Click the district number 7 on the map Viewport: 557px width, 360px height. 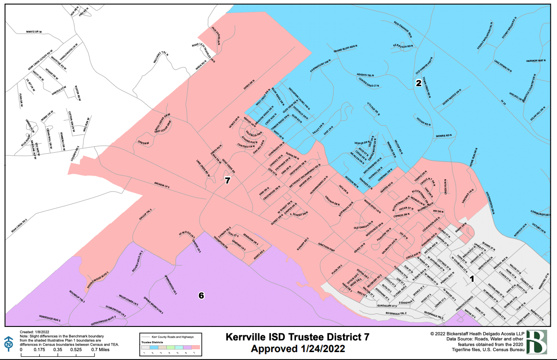point(227,181)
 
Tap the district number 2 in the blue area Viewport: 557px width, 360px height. point(419,83)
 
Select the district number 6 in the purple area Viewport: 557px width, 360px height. point(201,295)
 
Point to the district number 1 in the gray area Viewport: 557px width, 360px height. point(472,279)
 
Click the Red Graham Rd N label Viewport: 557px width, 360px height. point(404,29)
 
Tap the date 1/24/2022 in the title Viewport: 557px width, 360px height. point(322,348)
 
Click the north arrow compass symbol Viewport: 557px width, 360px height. point(9,344)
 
